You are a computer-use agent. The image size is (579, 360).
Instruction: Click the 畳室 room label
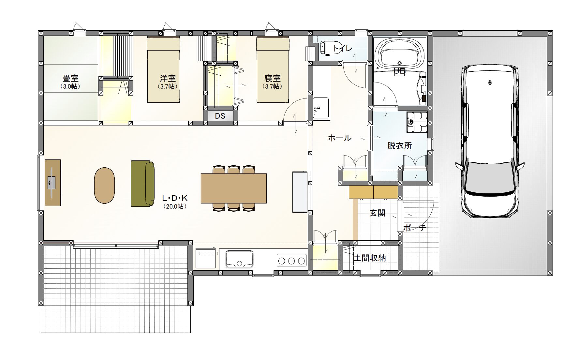[x=70, y=79]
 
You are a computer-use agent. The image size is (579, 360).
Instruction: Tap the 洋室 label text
[x=168, y=79]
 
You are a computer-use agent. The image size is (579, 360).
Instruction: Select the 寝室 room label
[x=273, y=79]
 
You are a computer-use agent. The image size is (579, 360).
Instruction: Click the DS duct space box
[x=220, y=116]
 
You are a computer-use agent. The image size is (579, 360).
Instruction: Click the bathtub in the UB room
[x=399, y=54]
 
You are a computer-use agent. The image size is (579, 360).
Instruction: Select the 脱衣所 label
[x=399, y=145]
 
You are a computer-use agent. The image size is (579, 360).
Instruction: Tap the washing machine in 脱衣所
[x=417, y=122]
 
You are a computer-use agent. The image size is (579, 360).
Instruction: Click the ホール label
[x=339, y=138]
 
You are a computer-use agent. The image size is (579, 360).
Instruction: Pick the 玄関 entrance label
[x=377, y=213]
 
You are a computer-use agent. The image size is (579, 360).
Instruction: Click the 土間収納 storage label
[x=370, y=258]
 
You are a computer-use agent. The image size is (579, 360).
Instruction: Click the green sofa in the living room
[x=142, y=184]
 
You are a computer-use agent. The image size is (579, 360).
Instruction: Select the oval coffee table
[x=105, y=186]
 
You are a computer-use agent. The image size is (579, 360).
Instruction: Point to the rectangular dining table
[x=234, y=188]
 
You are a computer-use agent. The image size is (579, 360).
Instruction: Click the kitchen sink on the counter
[x=239, y=259]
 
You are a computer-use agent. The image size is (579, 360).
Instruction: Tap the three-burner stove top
[x=291, y=261]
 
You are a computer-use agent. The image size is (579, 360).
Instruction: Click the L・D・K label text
[x=175, y=198]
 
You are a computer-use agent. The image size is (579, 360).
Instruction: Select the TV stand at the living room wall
[x=53, y=183]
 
